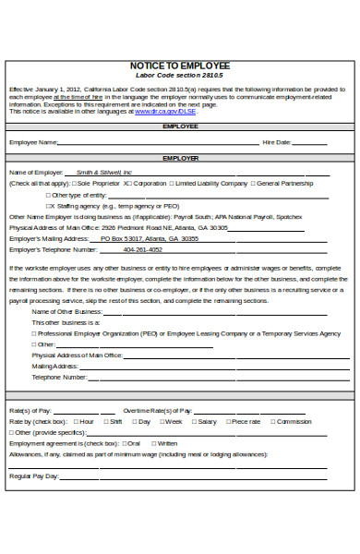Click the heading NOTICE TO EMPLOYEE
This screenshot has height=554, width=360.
point(180,66)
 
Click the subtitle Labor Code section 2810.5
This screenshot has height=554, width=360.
point(180,76)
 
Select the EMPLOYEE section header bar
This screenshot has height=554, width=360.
point(180,126)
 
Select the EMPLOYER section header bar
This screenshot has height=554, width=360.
point(180,159)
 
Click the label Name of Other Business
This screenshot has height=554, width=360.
point(66,312)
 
